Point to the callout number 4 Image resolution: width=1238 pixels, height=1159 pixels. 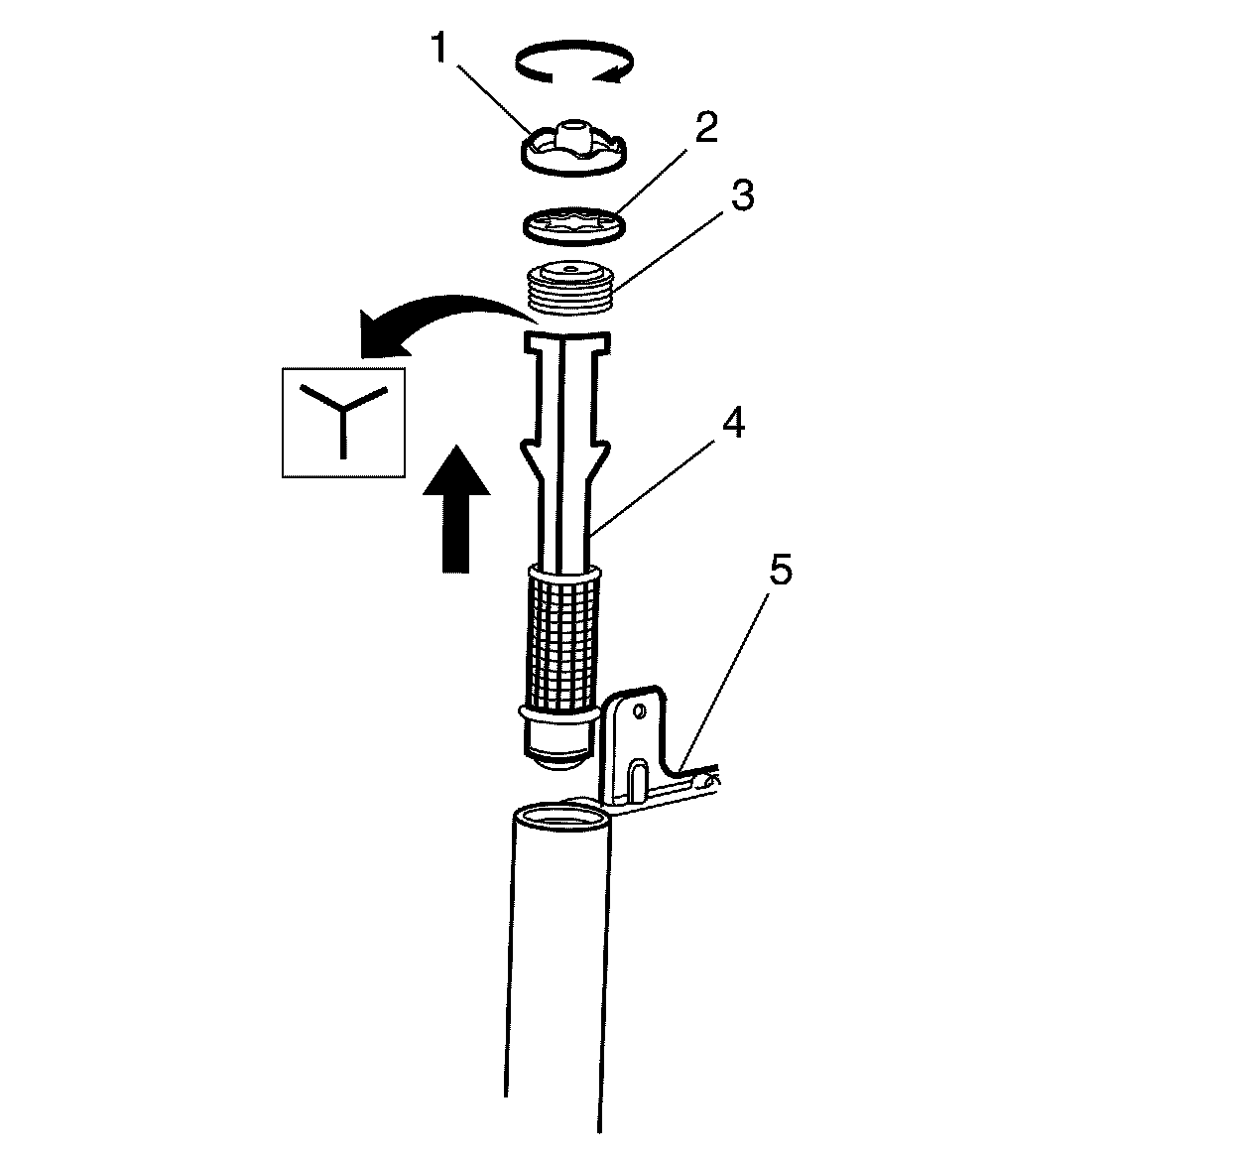pyautogui.click(x=732, y=425)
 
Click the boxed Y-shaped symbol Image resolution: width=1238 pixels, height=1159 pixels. pyautogui.click(x=343, y=423)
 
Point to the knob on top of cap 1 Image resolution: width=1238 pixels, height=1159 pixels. pyautogui.click(x=572, y=133)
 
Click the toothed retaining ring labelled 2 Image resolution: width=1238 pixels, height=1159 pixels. pyautogui.click(x=572, y=223)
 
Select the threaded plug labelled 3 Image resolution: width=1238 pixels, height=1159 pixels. pyautogui.click(x=569, y=290)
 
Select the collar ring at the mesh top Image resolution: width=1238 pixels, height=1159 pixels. pyautogui.click(x=565, y=573)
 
